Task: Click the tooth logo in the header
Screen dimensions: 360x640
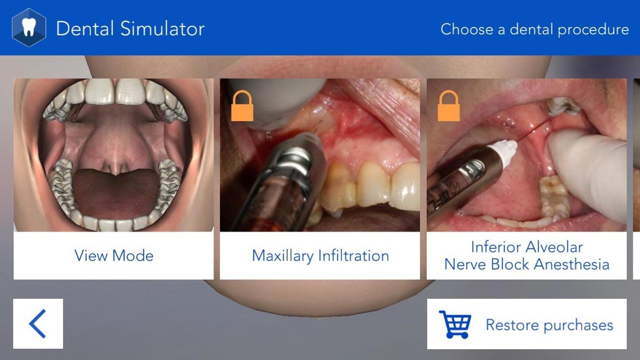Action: point(29,28)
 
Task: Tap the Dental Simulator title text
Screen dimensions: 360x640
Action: point(130,29)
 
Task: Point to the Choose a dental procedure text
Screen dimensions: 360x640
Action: point(534,29)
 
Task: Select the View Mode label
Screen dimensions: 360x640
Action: point(114,256)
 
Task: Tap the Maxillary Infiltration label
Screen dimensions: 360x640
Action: point(320,256)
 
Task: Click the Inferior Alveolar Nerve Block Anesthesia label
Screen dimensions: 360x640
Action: point(527,256)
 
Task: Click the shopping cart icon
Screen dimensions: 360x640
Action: point(455,324)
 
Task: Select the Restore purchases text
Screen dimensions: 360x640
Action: point(549,325)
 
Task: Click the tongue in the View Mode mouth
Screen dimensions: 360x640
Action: point(116,191)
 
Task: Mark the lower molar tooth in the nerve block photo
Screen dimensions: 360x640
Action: point(554,198)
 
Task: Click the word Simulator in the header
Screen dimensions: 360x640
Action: point(162,29)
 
